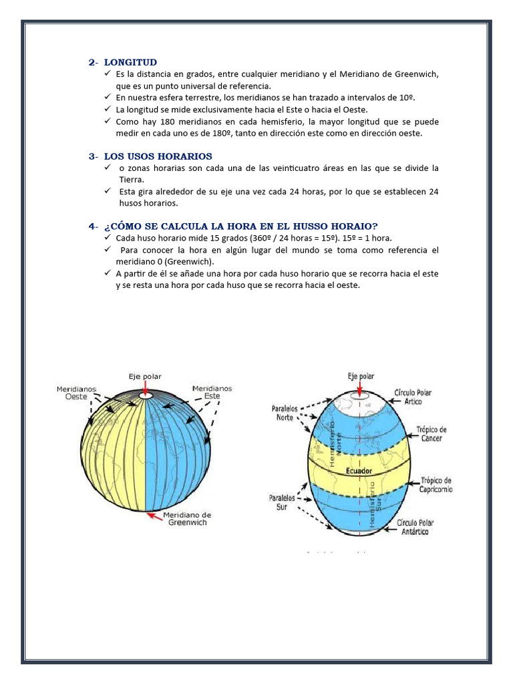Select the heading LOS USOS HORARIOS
[158, 156]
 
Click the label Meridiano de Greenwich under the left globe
[189, 518]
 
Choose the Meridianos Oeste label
[76, 392]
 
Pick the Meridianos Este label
[212, 391]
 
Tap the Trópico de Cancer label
[432, 434]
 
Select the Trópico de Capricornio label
[436, 484]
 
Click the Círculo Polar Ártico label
[413, 397]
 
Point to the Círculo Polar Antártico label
[415, 526]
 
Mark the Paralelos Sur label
[282, 502]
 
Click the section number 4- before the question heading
[94, 226]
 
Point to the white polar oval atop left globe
[145, 396]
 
